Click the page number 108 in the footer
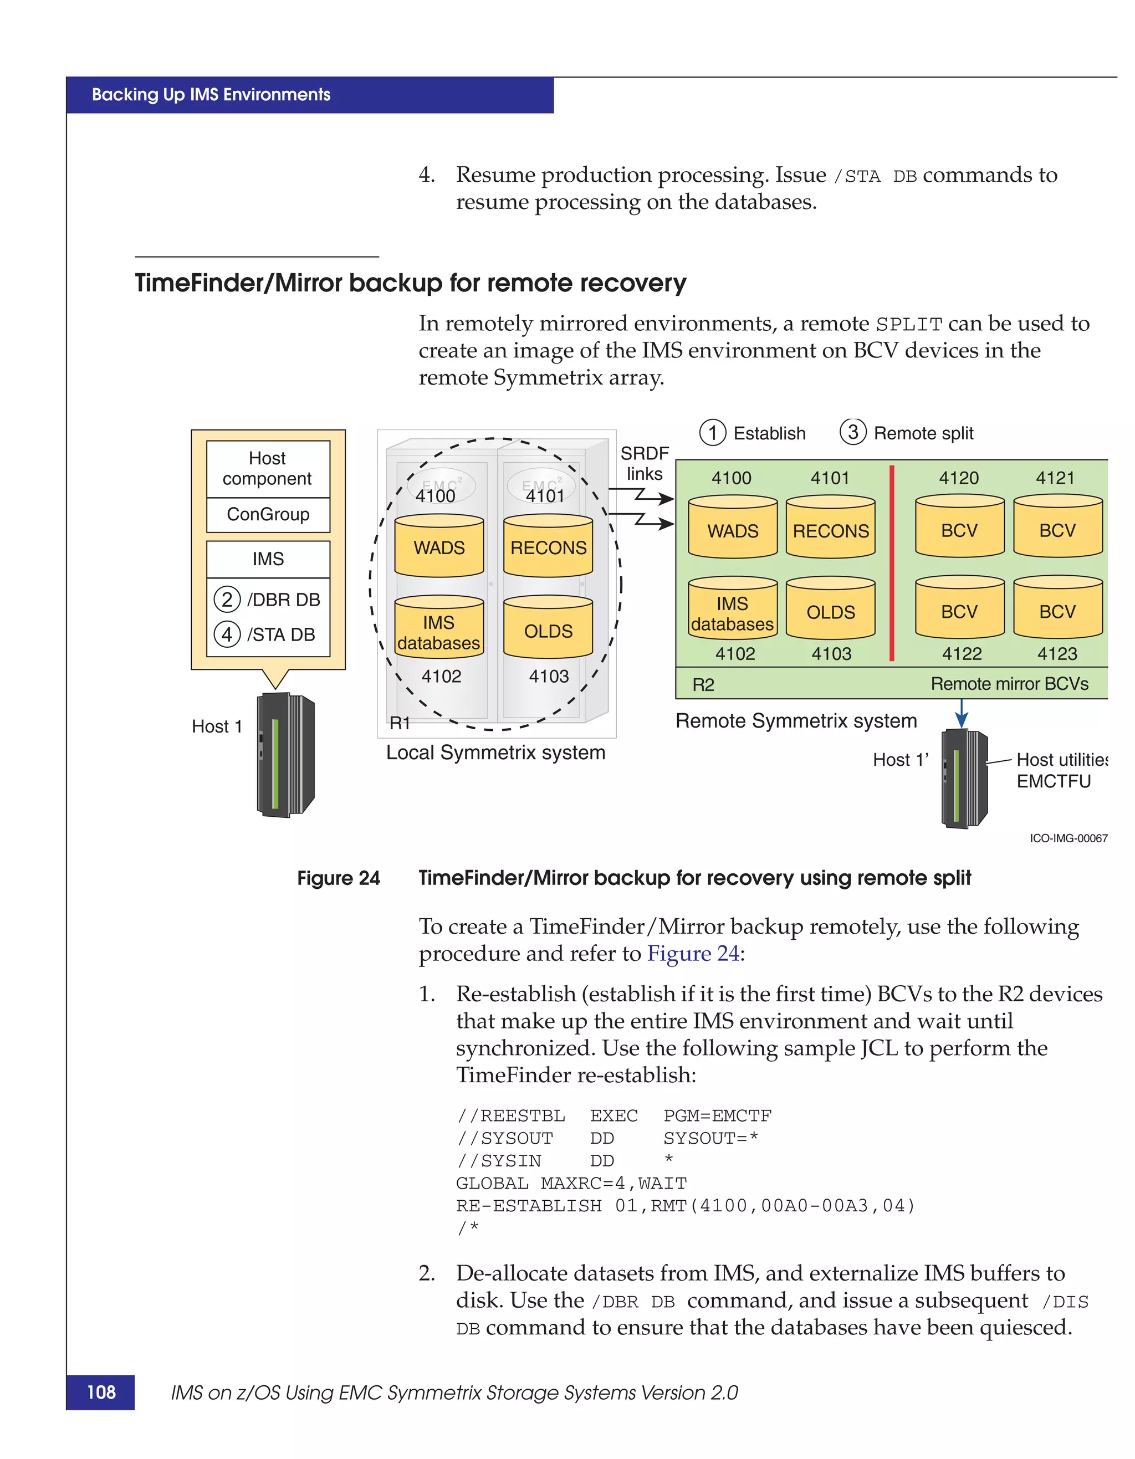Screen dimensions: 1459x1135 [101, 1392]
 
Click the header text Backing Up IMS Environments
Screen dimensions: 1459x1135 [211, 95]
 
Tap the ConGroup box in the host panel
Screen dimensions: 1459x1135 [268, 514]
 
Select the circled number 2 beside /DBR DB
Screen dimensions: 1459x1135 [227, 599]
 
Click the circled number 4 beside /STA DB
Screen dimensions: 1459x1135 [227, 634]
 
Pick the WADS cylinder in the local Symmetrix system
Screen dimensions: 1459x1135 [439, 546]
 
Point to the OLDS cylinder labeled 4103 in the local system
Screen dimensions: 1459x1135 [548, 628]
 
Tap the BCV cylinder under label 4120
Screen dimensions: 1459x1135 [959, 527]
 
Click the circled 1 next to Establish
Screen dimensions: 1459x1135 [713, 433]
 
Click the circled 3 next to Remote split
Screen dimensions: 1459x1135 [853, 432]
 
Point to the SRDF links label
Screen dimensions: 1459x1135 [644, 464]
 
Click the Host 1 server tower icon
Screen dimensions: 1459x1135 [285, 755]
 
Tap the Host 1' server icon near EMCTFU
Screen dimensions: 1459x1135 [964, 779]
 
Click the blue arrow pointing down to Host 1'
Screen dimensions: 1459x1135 [962, 714]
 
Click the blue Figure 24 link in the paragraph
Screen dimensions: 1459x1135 [693, 953]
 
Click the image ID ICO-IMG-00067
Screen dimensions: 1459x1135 [1068, 838]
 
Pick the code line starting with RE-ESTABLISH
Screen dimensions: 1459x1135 [685, 1206]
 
